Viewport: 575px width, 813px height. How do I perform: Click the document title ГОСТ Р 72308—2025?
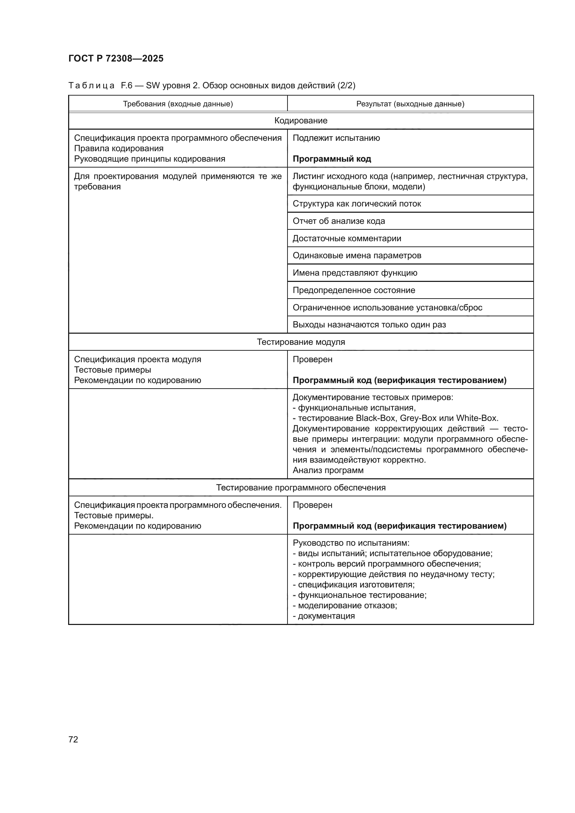tap(116, 58)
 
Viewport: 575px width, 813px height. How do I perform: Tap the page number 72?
tap(73, 739)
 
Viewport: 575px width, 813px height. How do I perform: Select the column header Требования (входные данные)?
tap(178, 104)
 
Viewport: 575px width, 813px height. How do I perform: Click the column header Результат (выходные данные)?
tap(410, 104)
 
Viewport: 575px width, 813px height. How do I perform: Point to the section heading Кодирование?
tap(301, 121)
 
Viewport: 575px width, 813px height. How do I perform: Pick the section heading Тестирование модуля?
tap(301, 342)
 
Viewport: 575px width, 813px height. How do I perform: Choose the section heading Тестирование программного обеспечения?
tap(301, 488)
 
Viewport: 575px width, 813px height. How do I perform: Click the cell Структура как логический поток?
tap(357, 204)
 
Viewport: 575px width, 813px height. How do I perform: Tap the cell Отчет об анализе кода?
tap(339, 221)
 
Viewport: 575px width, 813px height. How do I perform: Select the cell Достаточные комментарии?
tap(347, 238)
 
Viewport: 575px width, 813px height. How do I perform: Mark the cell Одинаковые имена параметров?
tap(357, 255)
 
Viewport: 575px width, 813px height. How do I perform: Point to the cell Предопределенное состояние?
tap(354, 290)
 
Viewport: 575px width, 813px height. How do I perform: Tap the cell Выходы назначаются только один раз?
tap(369, 325)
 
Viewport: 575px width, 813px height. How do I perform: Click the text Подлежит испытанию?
tap(336, 138)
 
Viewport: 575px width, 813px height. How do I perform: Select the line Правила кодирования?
tap(119, 148)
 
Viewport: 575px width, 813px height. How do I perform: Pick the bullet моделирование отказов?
tap(347, 605)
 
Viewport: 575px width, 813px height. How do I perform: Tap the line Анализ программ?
tap(328, 470)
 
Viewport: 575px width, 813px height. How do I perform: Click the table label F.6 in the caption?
tap(127, 86)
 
